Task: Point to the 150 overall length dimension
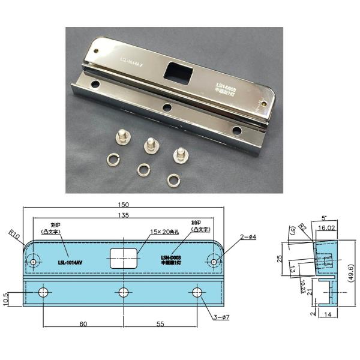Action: [x=124, y=204]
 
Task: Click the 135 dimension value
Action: [x=124, y=215]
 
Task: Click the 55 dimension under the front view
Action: [x=161, y=324]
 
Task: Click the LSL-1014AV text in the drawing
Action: [x=70, y=262]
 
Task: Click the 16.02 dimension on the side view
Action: [x=327, y=228]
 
